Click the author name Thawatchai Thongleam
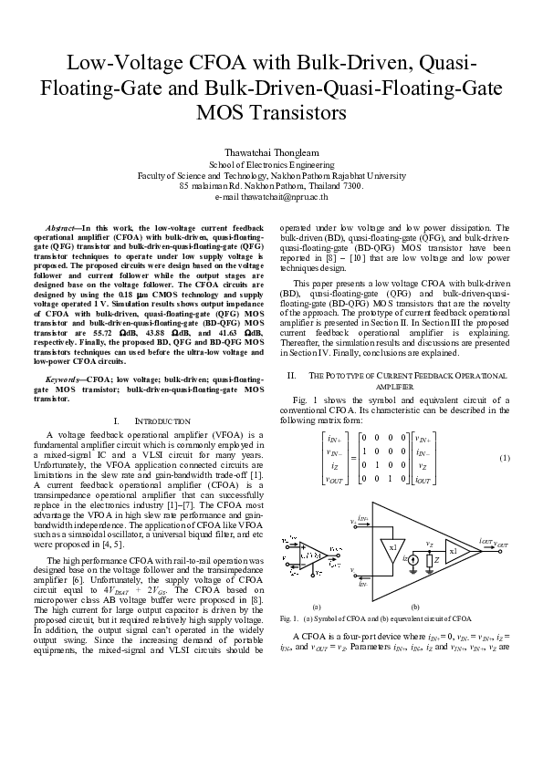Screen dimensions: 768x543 [271, 150]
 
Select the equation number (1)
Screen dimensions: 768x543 [504, 457]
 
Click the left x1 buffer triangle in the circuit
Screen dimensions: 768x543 [392, 546]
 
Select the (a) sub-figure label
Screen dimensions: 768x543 [316, 606]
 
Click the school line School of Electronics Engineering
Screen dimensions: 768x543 [271, 163]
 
